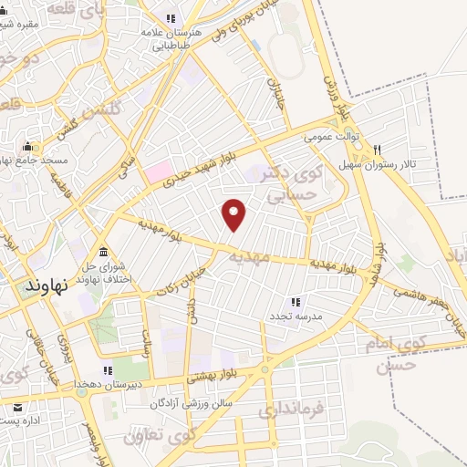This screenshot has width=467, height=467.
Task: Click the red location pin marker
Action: pos(235,213)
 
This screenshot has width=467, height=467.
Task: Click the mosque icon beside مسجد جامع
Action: pos(27,146)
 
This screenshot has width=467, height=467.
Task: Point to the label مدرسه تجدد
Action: pos(291,316)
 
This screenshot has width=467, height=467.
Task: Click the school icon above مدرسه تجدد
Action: pos(295,301)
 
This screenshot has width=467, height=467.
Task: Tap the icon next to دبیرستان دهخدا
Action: pos(107,370)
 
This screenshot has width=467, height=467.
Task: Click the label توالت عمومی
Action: pos(328,137)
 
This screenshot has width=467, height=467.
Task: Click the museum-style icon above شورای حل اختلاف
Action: pos(102,251)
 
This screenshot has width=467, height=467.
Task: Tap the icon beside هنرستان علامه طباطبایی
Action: pos(169,18)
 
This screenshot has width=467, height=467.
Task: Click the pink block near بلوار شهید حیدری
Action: pos(157,171)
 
